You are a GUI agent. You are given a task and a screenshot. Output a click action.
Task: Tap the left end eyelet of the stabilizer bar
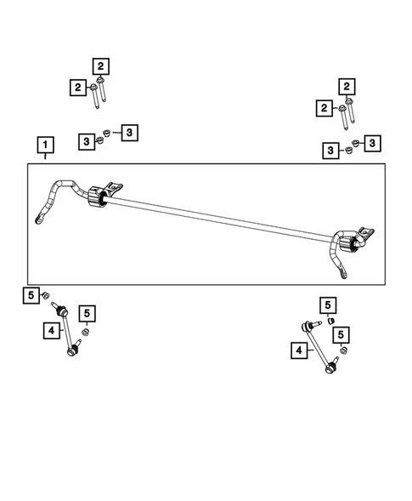(x=41, y=221)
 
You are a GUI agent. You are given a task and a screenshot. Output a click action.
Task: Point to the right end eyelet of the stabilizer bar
(x=343, y=275)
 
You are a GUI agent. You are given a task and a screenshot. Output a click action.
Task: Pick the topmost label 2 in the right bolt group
(x=346, y=86)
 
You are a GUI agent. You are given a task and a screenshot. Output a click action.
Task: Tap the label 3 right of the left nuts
(x=128, y=132)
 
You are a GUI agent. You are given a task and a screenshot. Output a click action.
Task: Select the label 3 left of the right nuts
(x=329, y=151)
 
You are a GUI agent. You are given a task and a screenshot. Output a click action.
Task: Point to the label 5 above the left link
(x=31, y=295)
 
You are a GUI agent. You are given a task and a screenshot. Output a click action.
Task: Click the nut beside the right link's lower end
(x=342, y=350)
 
